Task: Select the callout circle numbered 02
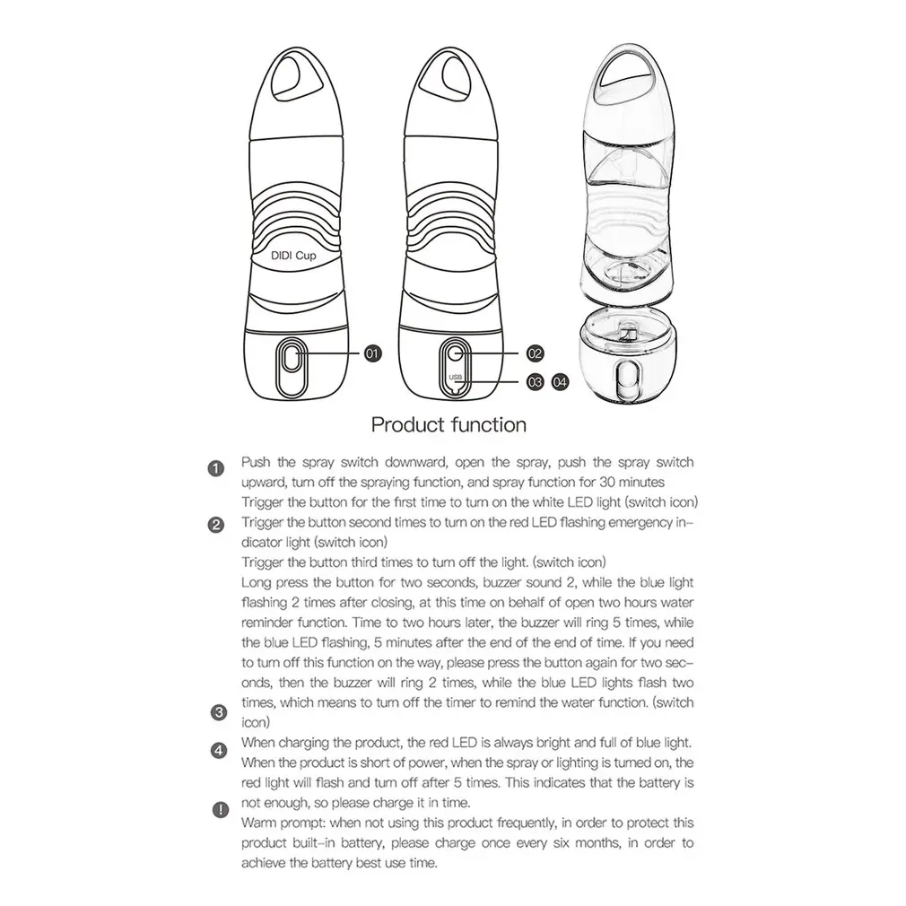536,353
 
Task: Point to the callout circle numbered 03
536,381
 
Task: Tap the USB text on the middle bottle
456,377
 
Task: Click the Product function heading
449,423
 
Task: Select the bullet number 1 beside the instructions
215,469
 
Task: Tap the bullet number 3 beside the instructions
215,713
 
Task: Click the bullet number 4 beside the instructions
215,750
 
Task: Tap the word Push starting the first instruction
257,463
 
